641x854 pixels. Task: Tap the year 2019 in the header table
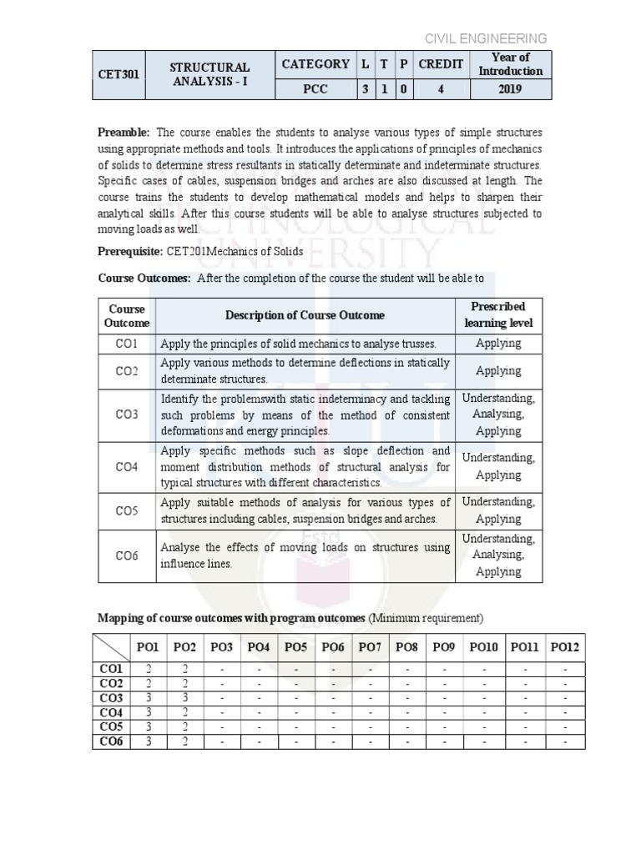511,89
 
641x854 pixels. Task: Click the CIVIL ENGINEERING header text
486,38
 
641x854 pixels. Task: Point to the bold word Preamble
124,133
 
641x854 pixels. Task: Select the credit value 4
441,89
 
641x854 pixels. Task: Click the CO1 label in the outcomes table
126,343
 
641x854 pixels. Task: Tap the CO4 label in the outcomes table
126,466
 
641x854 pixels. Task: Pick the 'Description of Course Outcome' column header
305,315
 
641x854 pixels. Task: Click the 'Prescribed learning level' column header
497,314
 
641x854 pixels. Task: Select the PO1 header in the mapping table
147,647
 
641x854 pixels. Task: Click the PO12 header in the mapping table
563,647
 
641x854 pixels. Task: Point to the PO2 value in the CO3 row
184,698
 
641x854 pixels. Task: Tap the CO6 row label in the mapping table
111,741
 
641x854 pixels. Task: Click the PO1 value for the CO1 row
147,669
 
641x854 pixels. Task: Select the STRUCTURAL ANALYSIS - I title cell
209,75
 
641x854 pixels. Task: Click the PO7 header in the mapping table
368,647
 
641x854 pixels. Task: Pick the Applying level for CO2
497,370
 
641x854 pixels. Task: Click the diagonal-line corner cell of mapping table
111,647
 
